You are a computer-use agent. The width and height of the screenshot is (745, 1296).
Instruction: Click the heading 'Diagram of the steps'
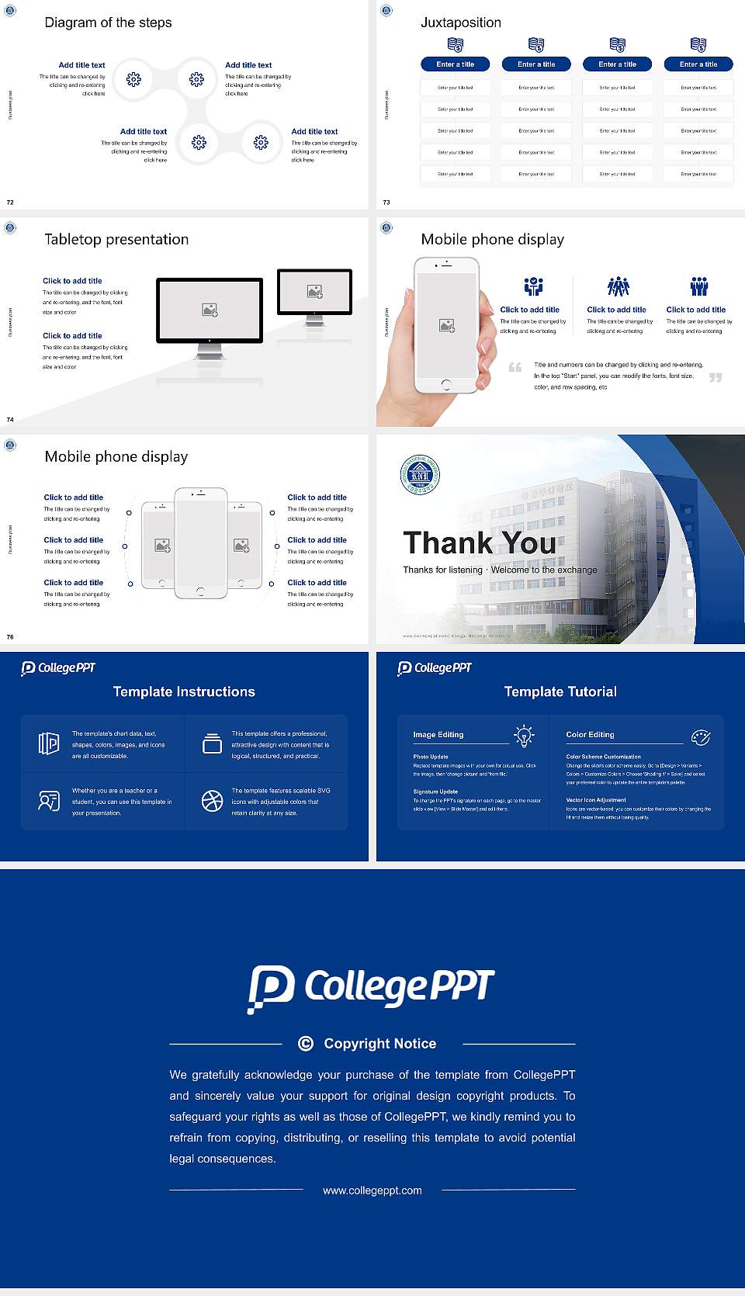pyautogui.click(x=108, y=23)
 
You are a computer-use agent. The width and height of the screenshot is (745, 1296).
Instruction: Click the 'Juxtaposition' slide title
pyautogui.click(x=461, y=23)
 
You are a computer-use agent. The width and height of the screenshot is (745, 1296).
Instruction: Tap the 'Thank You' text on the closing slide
pyautogui.click(x=480, y=543)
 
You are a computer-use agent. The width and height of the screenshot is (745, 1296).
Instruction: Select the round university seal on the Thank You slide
pyautogui.click(x=420, y=475)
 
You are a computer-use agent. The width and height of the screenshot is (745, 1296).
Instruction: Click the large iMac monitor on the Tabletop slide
pyautogui.click(x=210, y=310)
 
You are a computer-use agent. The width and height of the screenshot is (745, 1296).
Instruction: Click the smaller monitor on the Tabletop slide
pyautogui.click(x=314, y=292)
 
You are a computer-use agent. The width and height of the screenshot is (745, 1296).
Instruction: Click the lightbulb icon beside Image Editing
pyautogui.click(x=524, y=736)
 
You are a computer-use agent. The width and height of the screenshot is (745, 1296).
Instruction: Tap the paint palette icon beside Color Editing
pyautogui.click(x=701, y=736)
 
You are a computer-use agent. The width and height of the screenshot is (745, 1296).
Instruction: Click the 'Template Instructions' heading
pyautogui.click(x=184, y=691)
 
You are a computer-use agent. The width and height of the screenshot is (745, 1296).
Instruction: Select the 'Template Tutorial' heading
pyautogui.click(x=560, y=691)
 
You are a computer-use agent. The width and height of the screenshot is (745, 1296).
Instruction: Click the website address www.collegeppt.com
pyautogui.click(x=372, y=1190)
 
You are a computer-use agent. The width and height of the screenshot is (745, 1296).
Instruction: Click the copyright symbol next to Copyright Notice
pyautogui.click(x=306, y=1044)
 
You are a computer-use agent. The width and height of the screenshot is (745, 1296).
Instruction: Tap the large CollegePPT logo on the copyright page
pyautogui.click(x=371, y=988)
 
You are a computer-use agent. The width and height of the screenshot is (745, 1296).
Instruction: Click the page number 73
pyautogui.click(x=386, y=203)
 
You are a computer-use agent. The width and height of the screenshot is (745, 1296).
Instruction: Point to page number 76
pyautogui.click(x=10, y=637)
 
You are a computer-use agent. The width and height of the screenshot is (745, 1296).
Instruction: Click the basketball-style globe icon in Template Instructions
pyautogui.click(x=212, y=801)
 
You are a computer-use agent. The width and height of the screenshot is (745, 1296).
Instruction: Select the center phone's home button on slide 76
pyautogui.click(x=200, y=591)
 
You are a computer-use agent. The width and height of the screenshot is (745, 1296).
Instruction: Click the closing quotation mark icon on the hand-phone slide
pyautogui.click(x=716, y=378)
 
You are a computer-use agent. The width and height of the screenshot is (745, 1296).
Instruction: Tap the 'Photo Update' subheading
pyautogui.click(x=431, y=757)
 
